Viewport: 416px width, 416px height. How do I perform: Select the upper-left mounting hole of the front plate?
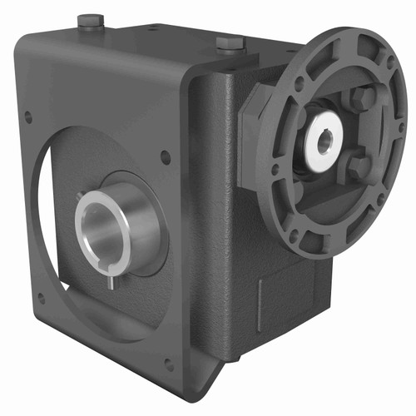click(27, 116)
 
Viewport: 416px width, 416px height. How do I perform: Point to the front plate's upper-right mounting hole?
click(165, 156)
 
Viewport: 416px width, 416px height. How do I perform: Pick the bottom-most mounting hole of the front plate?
click(169, 363)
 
